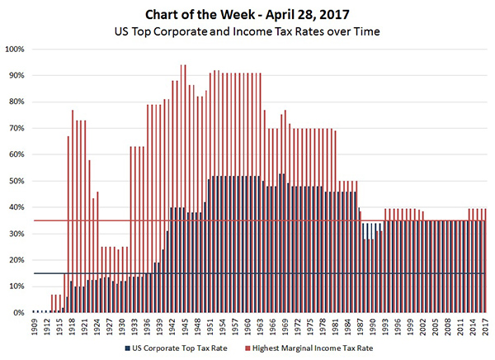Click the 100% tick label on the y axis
tap(14, 49)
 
